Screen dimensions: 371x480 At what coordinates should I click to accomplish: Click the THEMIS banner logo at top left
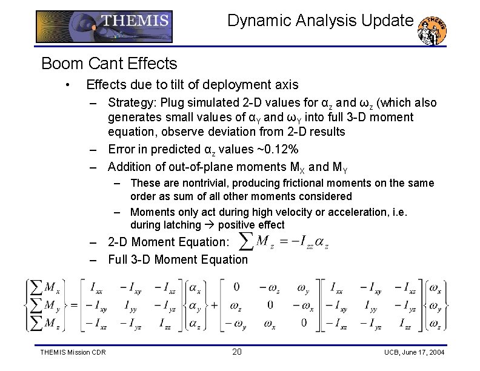click(x=104, y=26)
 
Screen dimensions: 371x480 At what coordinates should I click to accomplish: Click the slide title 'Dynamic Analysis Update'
click(x=320, y=21)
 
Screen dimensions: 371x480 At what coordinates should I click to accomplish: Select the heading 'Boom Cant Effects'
click(x=109, y=63)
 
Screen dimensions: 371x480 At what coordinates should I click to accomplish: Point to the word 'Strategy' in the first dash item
click(x=129, y=103)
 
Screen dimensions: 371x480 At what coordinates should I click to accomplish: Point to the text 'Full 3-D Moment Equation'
click(x=178, y=260)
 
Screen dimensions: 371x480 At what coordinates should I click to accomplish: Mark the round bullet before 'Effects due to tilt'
click(x=71, y=85)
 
